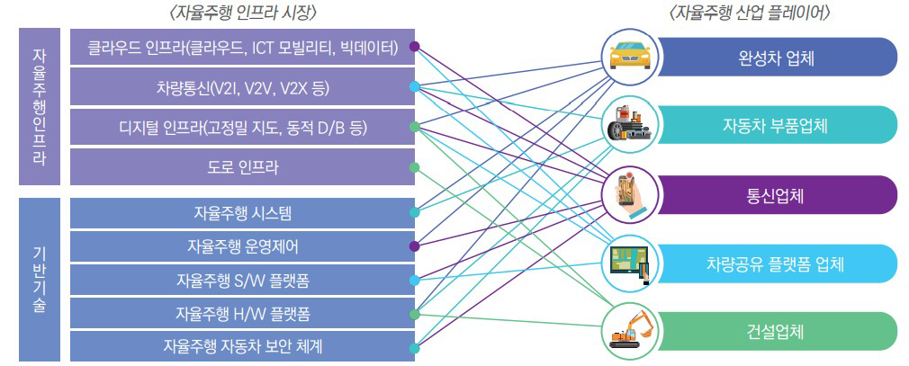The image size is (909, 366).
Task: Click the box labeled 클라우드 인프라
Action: point(242,47)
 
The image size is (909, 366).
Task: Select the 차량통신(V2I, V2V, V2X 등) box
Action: point(242,88)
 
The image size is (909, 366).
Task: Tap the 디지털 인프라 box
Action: point(242,129)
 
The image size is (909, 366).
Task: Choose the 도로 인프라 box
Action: point(242,167)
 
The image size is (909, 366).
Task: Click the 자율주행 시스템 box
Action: point(242,213)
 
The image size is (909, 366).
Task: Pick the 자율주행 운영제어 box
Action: point(242,245)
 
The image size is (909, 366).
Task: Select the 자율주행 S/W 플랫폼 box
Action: point(242,280)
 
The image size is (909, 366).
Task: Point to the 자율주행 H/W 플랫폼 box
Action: point(242,313)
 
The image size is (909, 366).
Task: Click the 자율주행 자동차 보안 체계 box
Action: point(242,346)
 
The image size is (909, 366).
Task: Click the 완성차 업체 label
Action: point(776,57)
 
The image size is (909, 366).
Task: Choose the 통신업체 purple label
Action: point(776,194)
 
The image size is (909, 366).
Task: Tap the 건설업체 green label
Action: point(776,331)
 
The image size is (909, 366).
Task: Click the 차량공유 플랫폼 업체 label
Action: point(776,263)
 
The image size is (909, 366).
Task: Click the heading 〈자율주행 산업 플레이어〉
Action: point(750,13)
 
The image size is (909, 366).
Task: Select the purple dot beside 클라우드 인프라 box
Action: point(414,46)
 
